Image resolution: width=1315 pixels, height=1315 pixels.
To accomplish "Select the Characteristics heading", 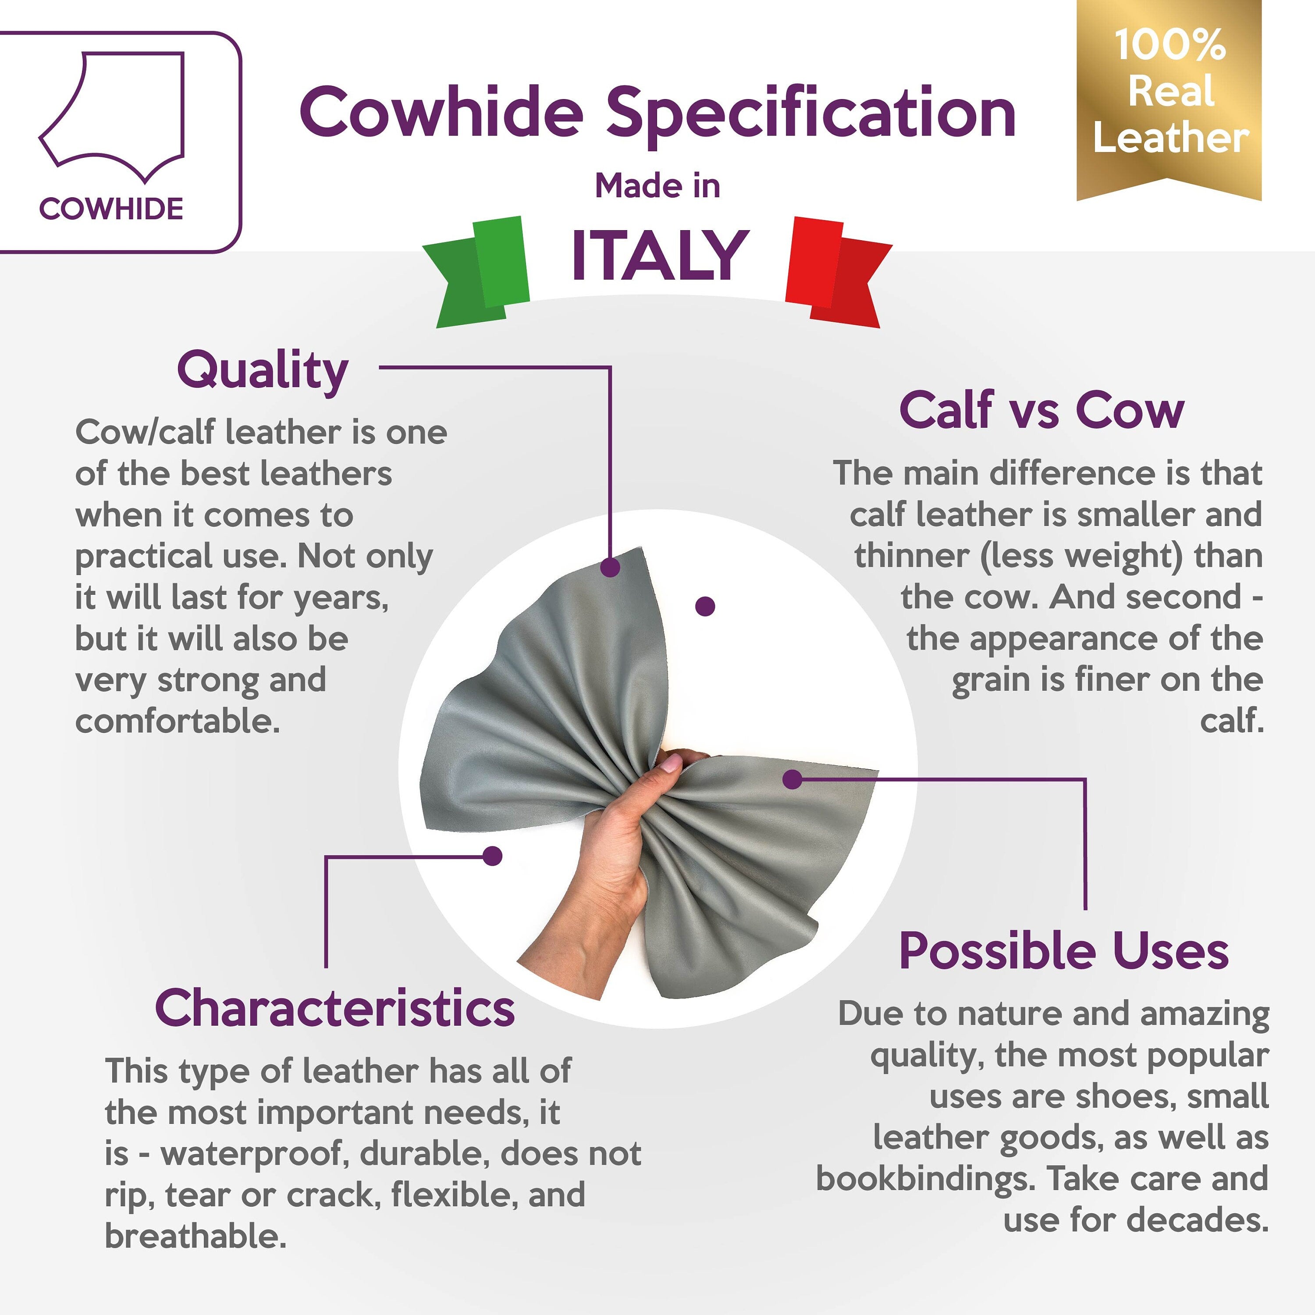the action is coord(335,1008).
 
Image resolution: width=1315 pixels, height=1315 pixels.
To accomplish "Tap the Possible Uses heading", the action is coord(1064,952).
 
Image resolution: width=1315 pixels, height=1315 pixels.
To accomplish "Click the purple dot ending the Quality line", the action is coord(611,566).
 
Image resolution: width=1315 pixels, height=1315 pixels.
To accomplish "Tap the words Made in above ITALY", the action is coord(657,186).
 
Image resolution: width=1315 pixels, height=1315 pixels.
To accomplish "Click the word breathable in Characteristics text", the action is coord(195,1235).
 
